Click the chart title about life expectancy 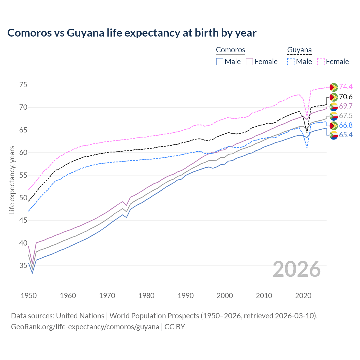click(x=132, y=33)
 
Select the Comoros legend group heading click(x=230, y=50)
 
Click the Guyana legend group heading click(x=299, y=50)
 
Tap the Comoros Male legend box click(x=220, y=62)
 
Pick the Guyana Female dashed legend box click(x=321, y=62)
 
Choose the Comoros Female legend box click(x=249, y=62)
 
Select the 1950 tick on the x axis click(x=29, y=296)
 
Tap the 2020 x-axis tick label click(x=303, y=296)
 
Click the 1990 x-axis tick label click(x=186, y=296)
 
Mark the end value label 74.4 click(x=346, y=87)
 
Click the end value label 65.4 click(x=346, y=135)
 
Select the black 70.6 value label click(x=346, y=97)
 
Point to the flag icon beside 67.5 click(x=334, y=116)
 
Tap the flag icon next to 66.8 click(x=334, y=125)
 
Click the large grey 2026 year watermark click(x=297, y=269)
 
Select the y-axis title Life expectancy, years click(x=12, y=180)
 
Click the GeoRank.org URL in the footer click(x=85, y=327)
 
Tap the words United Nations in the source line click(x=80, y=316)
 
